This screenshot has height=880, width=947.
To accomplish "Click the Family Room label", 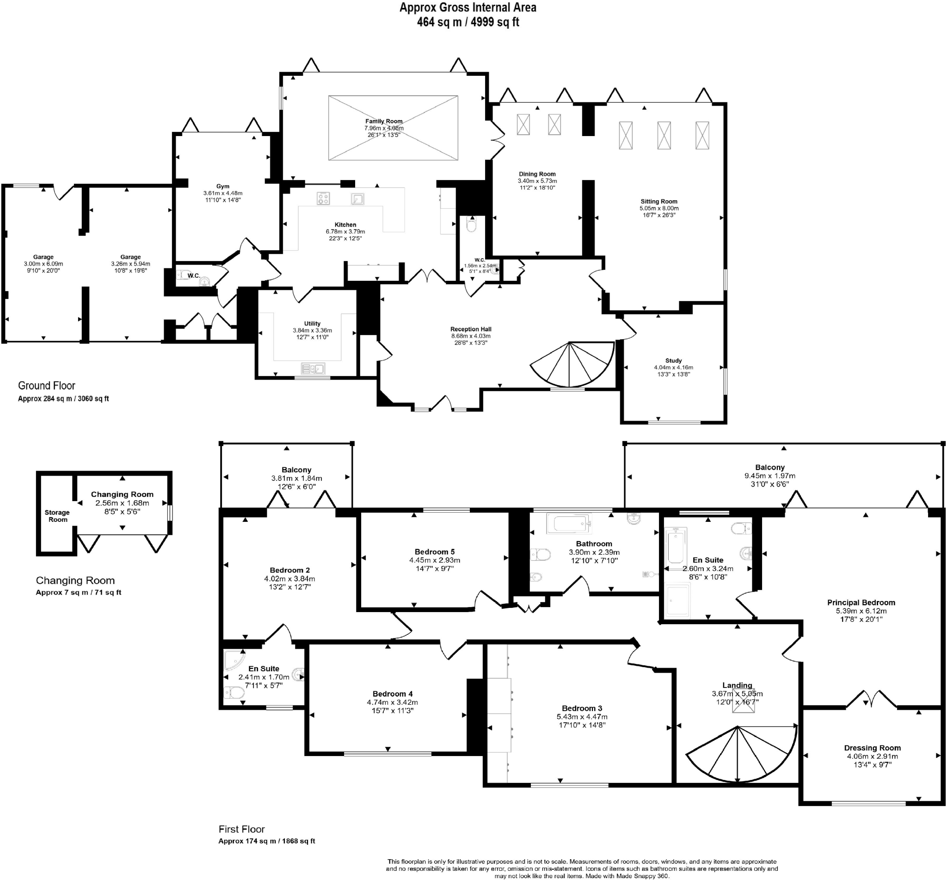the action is point(383,121).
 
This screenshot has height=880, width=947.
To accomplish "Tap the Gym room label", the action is point(223,186).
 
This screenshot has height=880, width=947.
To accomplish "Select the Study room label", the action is point(673,360).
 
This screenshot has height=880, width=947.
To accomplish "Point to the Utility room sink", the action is point(313,369).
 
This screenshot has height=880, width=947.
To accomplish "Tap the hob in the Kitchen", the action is point(323,198).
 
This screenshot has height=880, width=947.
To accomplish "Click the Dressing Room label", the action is point(872,748).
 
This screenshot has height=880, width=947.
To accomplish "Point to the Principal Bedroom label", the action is point(861,602).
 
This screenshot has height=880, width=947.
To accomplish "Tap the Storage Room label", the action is point(57,516).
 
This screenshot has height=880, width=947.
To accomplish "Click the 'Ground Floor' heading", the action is point(47,386).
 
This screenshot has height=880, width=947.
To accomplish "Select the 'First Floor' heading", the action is point(241,829).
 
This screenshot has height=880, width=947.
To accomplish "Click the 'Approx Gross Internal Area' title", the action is point(468,7).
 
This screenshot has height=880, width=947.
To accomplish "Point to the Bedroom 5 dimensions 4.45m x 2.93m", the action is point(435,560).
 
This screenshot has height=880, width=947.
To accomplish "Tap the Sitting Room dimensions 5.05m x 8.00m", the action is point(659,208).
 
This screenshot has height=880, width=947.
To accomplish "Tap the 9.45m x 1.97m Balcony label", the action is point(769,476).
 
